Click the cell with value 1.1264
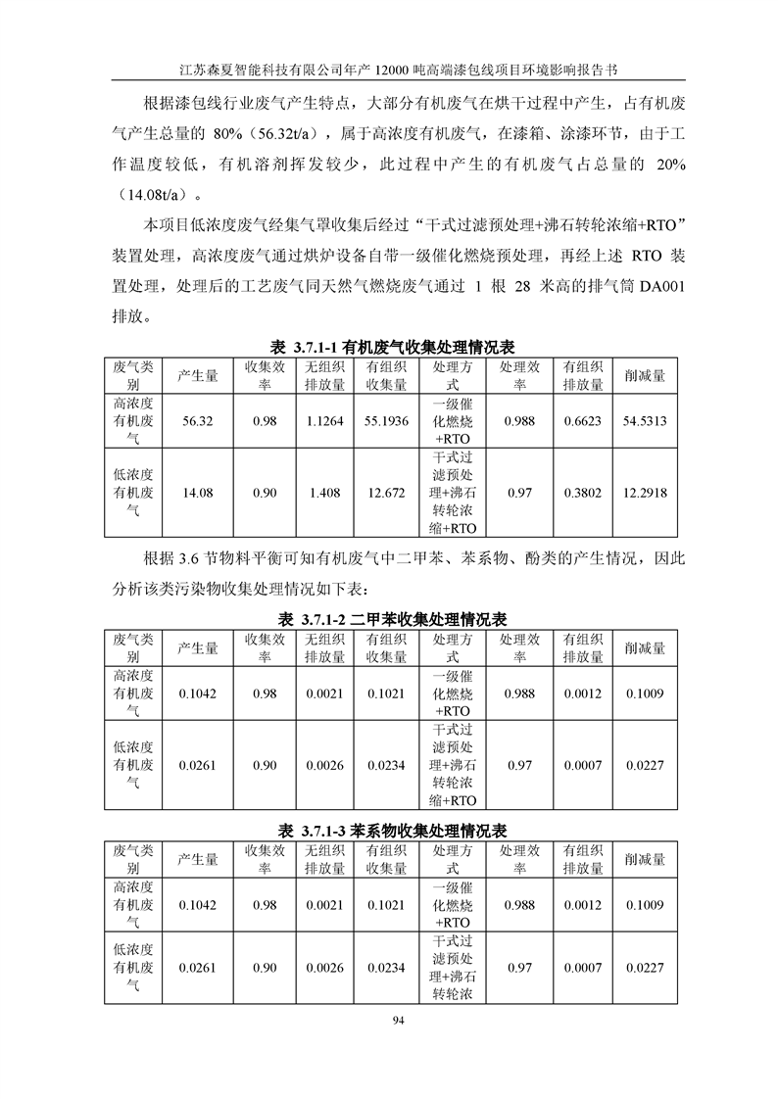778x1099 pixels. coord(324,420)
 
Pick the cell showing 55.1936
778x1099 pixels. coord(386,420)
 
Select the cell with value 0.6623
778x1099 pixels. coord(582,420)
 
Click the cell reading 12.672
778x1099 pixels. coord(386,493)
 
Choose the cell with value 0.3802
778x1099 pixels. coord(582,493)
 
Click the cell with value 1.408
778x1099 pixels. coord(324,493)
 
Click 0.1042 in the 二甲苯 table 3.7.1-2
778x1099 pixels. coord(198,693)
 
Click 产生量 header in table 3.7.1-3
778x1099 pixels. coord(198,859)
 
